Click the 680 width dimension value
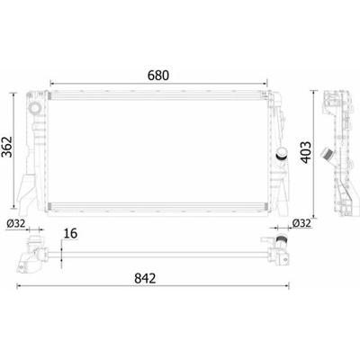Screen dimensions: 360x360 (158, 76)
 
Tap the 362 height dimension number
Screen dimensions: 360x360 (6, 147)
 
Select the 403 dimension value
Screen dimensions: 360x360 (306, 152)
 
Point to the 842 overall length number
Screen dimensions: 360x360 (145, 278)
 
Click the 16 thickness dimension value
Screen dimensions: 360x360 (71, 233)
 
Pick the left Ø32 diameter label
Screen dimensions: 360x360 (15, 223)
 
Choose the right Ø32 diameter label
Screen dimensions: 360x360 (301, 223)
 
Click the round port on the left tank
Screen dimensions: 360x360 (35, 108)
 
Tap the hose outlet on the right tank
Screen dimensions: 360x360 (281, 154)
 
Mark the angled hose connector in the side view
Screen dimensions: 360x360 (328, 156)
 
